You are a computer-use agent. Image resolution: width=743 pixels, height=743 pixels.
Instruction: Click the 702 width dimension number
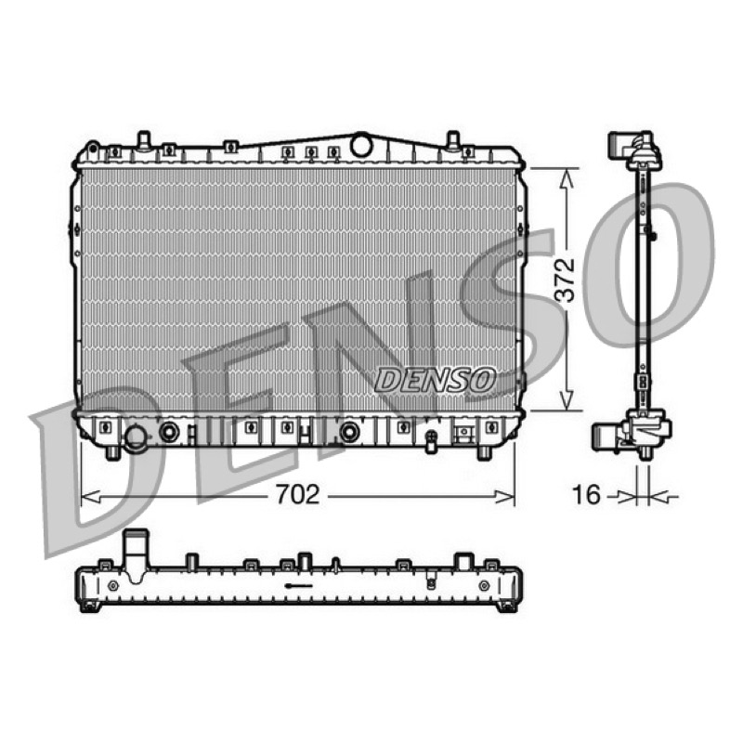click(x=298, y=495)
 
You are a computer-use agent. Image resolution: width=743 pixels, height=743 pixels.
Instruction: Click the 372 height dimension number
click(x=565, y=280)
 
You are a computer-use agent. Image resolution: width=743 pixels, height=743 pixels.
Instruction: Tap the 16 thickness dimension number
click(x=587, y=495)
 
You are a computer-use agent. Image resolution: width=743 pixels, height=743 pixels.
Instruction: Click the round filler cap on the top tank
click(x=361, y=144)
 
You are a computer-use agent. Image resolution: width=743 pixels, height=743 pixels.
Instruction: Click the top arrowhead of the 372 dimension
click(x=567, y=179)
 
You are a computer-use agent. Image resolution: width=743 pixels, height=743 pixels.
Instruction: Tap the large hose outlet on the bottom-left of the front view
click(x=136, y=438)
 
